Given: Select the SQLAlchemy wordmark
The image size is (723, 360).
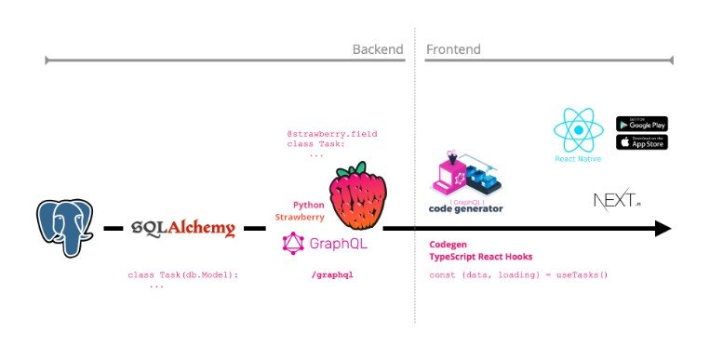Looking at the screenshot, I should tap(183, 228).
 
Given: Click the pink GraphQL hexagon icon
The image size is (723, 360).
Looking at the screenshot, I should tap(294, 245).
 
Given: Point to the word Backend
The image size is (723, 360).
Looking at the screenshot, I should tap(378, 48).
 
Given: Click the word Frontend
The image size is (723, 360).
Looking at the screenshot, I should tap(453, 48).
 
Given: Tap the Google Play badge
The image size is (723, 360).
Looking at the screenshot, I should tap(642, 124).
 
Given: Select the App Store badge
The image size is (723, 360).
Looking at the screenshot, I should tap(642, 142).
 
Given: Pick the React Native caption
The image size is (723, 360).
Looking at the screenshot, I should tap(578, 159).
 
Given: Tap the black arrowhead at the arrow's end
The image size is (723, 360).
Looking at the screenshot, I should tap(662, 228).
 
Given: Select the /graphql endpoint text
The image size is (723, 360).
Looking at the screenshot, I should tap(332, 275).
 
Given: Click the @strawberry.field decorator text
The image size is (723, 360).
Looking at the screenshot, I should tap(332, 135).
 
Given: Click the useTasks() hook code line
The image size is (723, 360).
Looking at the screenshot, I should tap(517, 275).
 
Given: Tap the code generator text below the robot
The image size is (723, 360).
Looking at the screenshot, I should tap(465, 208).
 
